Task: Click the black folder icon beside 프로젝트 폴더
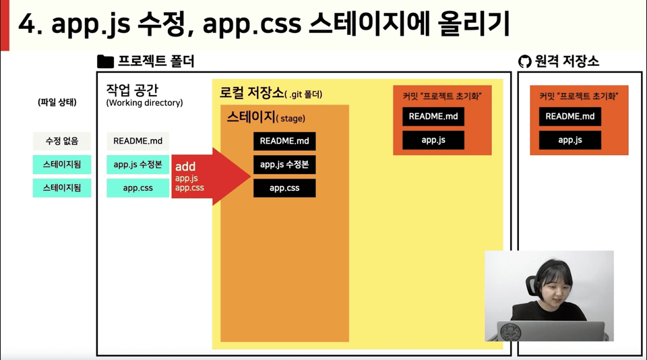[105, 61]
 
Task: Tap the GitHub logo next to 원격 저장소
[524, 62]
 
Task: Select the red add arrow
[211, 176]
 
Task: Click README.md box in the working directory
[137, 141]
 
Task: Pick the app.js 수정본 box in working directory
[137, 164]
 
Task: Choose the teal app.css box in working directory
[137, 188]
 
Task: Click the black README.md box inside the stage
[284, 141]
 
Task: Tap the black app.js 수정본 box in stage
[284, 164]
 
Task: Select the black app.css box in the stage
[284, 188]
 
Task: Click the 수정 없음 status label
[62, 141]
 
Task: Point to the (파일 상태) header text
[57, 102]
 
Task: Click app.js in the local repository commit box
[433, 140]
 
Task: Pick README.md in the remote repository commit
[570, 117]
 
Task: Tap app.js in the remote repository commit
[570, 140]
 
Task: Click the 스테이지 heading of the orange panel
[251, 117]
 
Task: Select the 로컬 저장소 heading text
[251, 92]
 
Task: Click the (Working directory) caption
[144, 102]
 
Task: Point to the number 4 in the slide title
[27, 24]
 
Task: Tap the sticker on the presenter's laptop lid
[510, 332]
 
